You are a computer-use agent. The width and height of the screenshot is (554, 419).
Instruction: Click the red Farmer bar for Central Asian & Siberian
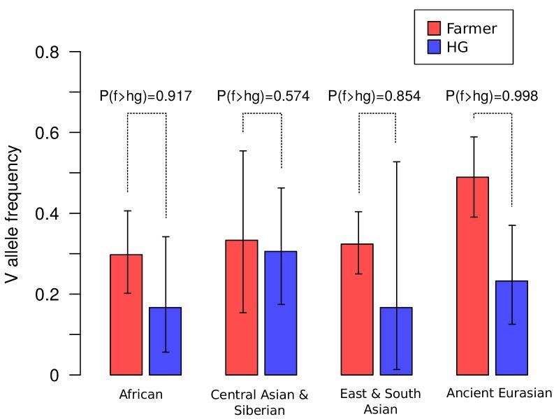click(x=242, y=308)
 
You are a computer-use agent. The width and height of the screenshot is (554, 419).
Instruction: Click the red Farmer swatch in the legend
click(x=434, y=28)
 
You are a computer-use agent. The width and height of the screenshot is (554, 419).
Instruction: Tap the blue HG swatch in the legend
click(x=434, y=48)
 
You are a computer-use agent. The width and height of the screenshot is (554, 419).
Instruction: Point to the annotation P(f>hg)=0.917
click(x=145, y=97)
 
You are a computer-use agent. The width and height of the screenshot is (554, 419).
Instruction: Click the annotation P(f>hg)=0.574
click(x=263, y=97)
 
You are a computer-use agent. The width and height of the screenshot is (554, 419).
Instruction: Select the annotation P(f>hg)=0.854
click(x=374, y=97)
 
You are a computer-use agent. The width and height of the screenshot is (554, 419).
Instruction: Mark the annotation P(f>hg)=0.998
click(x=492, y=97)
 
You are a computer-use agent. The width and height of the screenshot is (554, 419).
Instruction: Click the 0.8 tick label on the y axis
click(x=48, y=52)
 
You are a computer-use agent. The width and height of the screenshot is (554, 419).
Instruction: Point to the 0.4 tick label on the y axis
click(x=48, y=213)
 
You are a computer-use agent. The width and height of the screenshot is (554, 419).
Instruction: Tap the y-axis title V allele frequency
click(x=12, y=213)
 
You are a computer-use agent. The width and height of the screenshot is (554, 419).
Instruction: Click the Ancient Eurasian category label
click(x=499, y=393)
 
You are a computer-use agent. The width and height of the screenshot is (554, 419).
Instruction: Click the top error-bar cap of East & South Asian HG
click(x=395, y=162)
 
